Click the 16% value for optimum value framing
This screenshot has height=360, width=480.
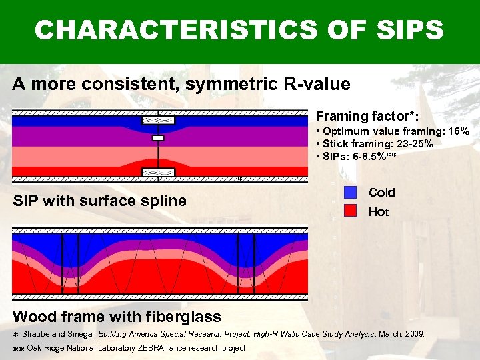click(x=457, y=131)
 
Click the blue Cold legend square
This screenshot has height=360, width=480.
click(x=351, y=193)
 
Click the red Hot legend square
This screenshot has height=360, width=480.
click(x=351, y=212)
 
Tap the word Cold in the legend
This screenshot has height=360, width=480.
click(x=382, y=193)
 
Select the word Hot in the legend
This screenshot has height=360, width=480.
click(x=379, y=212)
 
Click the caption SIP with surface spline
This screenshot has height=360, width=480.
click(x=100, y=201)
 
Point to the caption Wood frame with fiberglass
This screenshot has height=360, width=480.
click(x=117, y=315)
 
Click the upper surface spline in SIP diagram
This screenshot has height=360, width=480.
click(x=158, y=121)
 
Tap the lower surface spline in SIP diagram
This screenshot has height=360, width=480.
click(x=158, y=172)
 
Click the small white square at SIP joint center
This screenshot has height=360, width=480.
click(x=158, y=138)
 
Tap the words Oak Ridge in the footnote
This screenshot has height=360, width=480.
click(x=45, y=348)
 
